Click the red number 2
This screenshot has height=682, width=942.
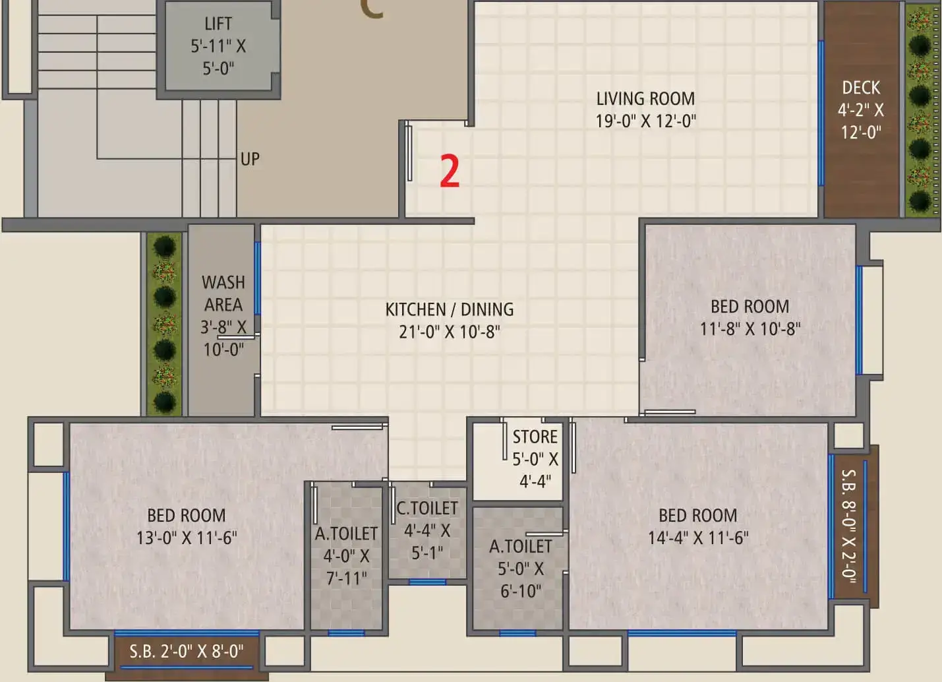450,171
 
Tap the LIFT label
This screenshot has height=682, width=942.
218,24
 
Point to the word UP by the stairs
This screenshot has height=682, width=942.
250,159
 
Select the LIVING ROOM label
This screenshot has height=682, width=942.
645,99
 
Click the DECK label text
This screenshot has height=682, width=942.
861,88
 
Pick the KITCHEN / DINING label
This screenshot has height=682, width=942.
450,309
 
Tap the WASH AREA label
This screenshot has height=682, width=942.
223,294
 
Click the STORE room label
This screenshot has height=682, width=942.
535,437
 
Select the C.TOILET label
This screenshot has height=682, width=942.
427,509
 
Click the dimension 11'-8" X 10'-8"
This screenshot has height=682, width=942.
750,328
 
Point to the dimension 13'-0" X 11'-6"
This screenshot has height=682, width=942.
187,538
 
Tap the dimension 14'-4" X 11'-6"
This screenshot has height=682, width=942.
698,538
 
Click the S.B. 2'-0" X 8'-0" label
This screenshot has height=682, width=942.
187,652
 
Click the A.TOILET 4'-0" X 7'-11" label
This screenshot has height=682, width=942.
346,556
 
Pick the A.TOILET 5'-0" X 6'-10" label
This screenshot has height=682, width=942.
520,569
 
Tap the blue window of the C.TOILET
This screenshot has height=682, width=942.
427,582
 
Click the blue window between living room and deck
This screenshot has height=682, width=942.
821,113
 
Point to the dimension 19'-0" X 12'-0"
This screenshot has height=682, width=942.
645,121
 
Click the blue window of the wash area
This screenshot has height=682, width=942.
257,278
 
